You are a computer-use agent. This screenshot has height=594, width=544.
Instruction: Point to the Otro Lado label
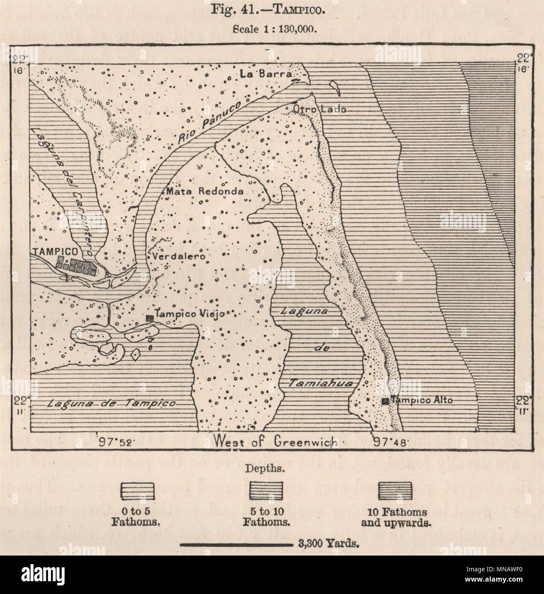pos(319,109)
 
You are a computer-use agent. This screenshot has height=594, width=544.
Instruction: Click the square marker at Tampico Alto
pos(385,401)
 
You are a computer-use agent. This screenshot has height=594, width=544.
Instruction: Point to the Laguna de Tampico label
pos(112,403)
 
